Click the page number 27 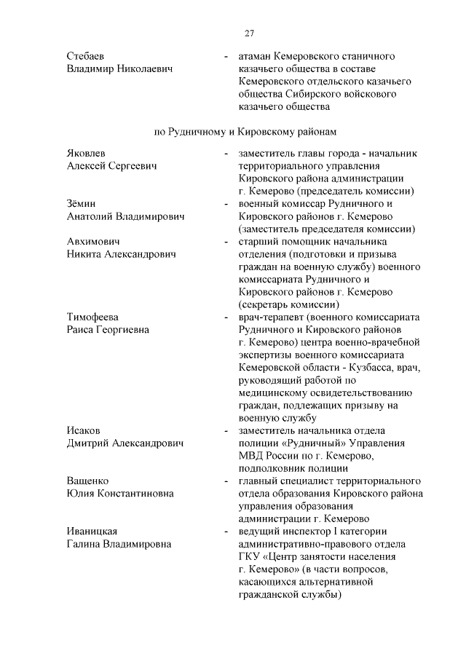point(248,33)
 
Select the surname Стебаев point(87,56)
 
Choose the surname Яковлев point(86,154)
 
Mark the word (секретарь point(267,304)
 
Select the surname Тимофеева point(92,317)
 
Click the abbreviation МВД point(251,456)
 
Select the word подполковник point(271,468)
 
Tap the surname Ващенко point(88,481)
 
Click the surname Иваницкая point(92,532)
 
